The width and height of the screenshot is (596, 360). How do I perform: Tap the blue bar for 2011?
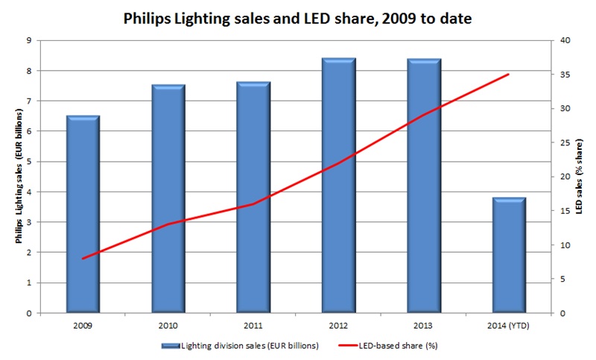coord(253,198)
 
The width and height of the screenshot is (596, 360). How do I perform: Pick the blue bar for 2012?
coord(338,186)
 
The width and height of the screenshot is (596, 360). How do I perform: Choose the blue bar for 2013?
coord(423,186)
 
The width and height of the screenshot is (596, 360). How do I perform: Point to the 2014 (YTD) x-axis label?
coord(509,325)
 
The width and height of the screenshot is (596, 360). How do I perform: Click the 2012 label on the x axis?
coord(338,325)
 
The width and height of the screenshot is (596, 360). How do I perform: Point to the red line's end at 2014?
coord(509,74)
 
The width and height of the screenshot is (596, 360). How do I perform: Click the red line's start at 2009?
coord(83,259)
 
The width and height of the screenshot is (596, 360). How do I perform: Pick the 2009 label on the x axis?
coord(83,325)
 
